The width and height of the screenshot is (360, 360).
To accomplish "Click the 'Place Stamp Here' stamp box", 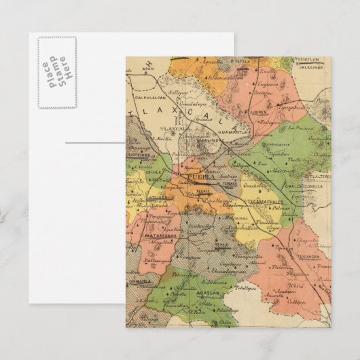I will coord(57,72).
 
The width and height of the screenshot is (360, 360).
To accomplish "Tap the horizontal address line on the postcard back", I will coord(95,143).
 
